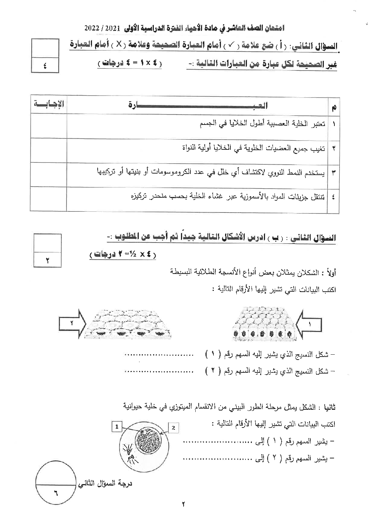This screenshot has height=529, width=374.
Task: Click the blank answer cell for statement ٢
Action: (x=48, y=150)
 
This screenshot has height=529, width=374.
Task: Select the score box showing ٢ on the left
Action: (x=48, y=260)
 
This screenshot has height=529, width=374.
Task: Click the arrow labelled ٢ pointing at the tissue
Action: (x=72, y=323)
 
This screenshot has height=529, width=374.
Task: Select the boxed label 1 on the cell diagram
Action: (x=117, y=426)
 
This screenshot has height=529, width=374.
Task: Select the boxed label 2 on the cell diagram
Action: (x=173, y=428)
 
